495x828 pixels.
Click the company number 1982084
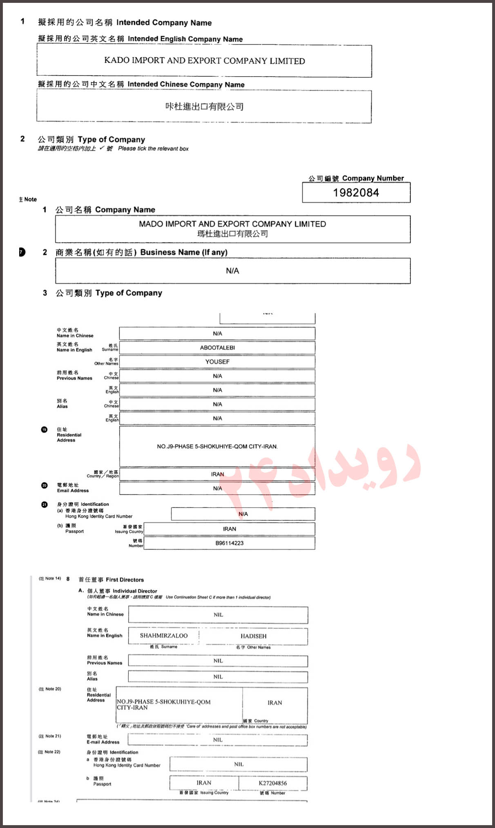(x=356, y=193)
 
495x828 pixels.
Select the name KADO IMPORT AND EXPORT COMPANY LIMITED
(x=205, y=61)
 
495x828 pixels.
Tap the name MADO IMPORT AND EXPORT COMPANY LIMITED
(x=232, y=224)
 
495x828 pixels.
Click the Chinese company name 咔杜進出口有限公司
(x=205, y=107)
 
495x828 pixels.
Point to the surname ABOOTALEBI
(x=217, y=348)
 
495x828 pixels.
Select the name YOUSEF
(x=217, y=362)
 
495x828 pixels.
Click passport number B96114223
(x=230, y=543)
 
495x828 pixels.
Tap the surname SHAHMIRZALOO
(x=164, y=636)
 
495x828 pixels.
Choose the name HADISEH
(x=253, y=636)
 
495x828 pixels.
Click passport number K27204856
(x=273, y=783)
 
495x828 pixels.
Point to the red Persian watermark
(x=323, y=474)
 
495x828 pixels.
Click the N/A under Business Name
(x=232, y=271)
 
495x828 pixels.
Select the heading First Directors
(x=125, y=580)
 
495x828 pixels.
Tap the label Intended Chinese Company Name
(x=186, y=85)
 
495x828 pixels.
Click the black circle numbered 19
(x=44, y=430)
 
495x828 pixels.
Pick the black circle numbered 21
(x=44, y=505)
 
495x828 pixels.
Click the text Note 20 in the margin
(x=50, y=689)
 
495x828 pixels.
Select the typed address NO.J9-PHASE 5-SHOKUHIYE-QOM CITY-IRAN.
(x=217, y=447)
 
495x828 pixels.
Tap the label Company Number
(x=372, y=178)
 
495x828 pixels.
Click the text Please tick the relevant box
(x=153, y=149)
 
